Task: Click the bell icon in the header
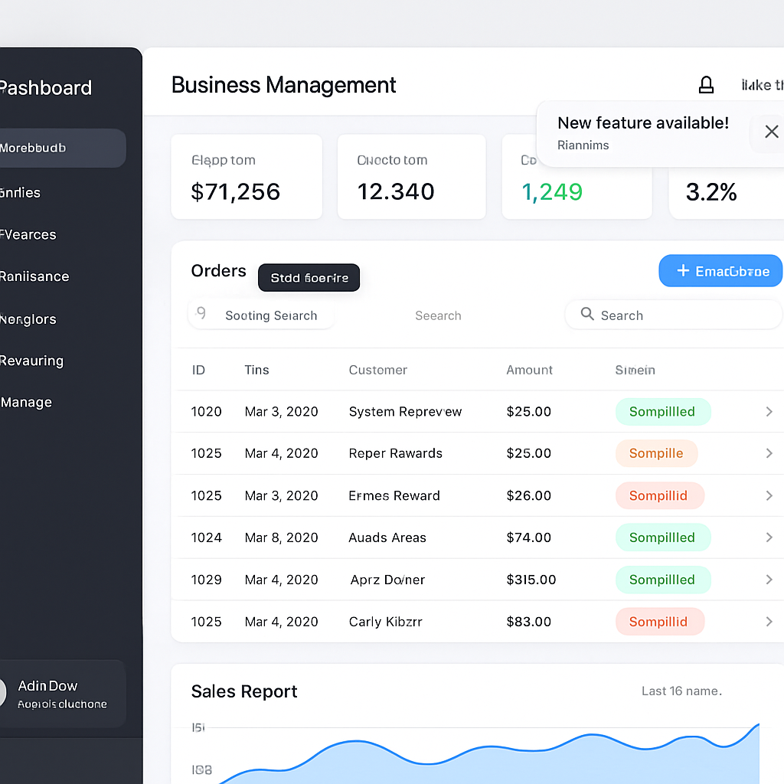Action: tap(706, 85)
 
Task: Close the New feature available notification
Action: tap(771, 132)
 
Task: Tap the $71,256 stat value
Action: tap(236, 191)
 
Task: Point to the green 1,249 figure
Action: tap(552, 191)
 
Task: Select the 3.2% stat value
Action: tap(711, 191)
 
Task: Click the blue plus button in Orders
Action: tap(720, 271)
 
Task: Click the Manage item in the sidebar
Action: tap(27, 402)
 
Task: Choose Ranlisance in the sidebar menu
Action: tap(34, 276)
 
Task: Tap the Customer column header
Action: tap(378, 370)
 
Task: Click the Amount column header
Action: tap(529, 370)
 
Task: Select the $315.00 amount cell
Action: tap(531, 580)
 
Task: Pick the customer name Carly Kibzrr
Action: tap(386, 622)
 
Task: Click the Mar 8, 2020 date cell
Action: tap(281, 537)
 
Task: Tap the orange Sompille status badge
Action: tap(656, 453)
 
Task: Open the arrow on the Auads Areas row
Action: tap(769, 537)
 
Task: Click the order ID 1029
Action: tap(206, 580)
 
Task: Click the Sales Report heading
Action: tap(244, 691)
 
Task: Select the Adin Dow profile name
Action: tap(47, 686)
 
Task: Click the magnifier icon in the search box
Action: tap(587, 314)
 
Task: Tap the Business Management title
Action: tap(284, 85)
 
